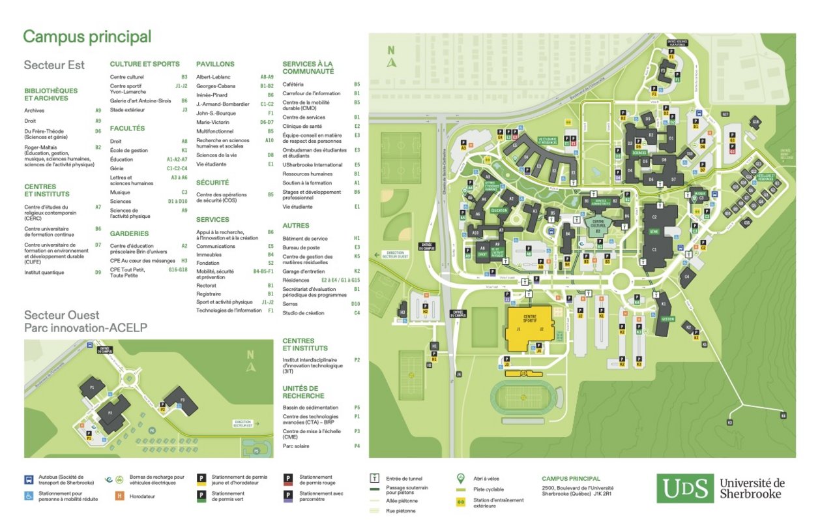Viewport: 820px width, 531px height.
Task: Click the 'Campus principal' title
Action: pyautogui.click(x=87, y=37)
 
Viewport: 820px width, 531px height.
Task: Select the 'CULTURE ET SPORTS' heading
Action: pyautogui.click(x=144, y=64)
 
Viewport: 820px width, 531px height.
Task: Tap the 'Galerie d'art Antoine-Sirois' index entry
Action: pyautogui.click(x=139, y=101)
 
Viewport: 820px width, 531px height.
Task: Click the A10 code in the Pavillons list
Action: pyautogui.click(x=269, y=140)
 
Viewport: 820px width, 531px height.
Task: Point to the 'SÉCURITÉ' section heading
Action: pyautogui.click(x=212, y=183)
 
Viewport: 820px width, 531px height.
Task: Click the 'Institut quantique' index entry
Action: pyautogui.click(x=44, y=273)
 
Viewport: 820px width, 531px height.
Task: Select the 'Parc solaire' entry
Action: pyautogui.click(x=296, y=446)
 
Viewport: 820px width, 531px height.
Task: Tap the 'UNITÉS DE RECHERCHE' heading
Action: pyautogui.click(x=303, y=392)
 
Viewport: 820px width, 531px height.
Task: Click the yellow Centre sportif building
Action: pyautogui.click(x=529, y=329)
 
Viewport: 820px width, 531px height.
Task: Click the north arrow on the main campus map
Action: pyautogui.click(x=391, y=58)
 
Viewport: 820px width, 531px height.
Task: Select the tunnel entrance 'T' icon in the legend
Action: pyautogui.click(x=375, y=478)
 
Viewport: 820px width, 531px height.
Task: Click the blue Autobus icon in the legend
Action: pyautogui.click(x=29, y=479)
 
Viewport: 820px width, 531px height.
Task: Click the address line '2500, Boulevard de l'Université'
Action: pyautogui.click(x=577, y=487)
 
